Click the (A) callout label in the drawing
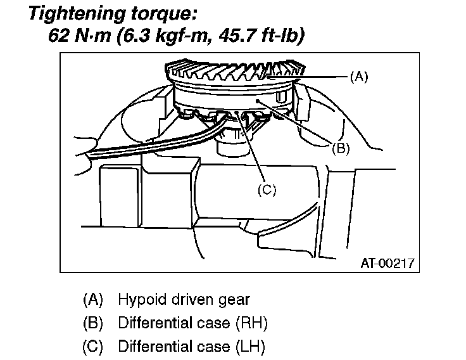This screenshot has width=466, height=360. [358, 77]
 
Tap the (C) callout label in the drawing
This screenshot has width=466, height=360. [268, 188]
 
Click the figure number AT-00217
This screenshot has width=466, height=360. [388, 262]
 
